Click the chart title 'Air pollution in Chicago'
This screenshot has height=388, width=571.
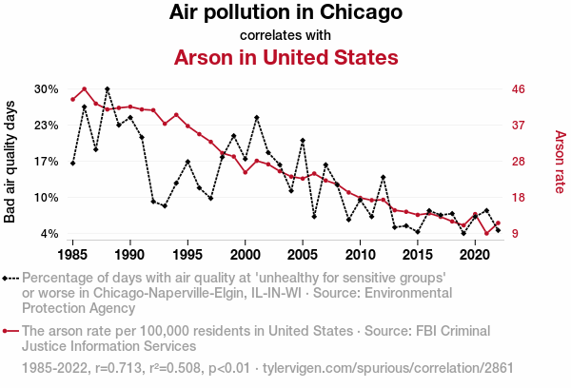coord(285,13)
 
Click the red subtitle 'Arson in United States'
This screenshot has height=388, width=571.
coord(285,58)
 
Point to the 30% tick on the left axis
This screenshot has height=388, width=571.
coord(47,89)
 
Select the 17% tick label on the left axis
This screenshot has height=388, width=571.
coord(47,162)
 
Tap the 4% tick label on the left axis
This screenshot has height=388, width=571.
coord(50,234)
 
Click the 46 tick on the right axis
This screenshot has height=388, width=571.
coord(520,89)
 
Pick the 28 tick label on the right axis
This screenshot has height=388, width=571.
coord(520,162)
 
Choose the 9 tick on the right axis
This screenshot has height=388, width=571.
coord(516,234)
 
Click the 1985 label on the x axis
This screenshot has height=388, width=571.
coord(72,255)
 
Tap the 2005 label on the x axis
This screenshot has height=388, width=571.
coord(303,255)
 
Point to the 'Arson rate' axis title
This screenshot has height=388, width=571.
coord(560,162)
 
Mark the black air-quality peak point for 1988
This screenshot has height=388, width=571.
coord(108,88)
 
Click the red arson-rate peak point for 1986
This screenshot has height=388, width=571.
coord(85,89)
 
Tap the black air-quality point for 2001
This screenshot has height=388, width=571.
coord(257,117)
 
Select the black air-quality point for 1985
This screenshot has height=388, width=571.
coord(72,164)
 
